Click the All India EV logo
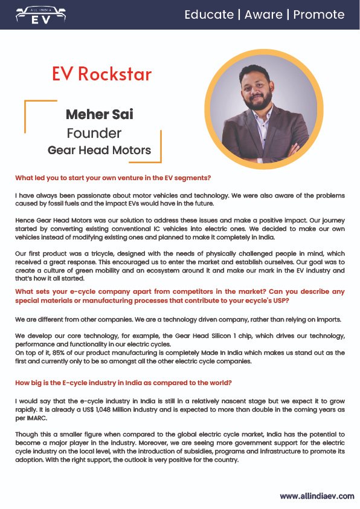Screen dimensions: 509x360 point(40,15)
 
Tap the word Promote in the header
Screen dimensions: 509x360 point(319,15)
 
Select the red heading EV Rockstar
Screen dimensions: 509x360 point(101,74)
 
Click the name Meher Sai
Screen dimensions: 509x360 point(99,114)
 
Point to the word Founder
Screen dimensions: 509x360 point(94,133)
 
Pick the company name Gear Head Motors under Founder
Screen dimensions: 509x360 point(99,150)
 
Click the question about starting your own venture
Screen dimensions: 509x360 point(113,178)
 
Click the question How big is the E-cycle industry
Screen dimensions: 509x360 point(123,383)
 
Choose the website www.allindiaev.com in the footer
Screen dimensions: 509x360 point(317,496)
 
